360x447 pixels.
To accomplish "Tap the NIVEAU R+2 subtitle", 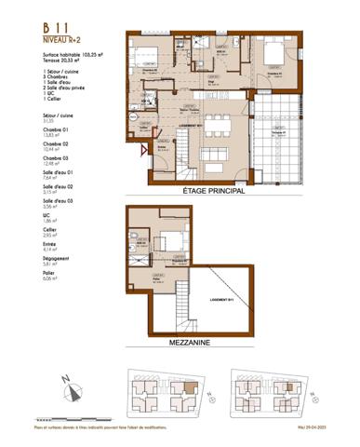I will click(x=62, y=41).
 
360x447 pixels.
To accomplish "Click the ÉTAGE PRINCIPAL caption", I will click(x=214, y=192).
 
